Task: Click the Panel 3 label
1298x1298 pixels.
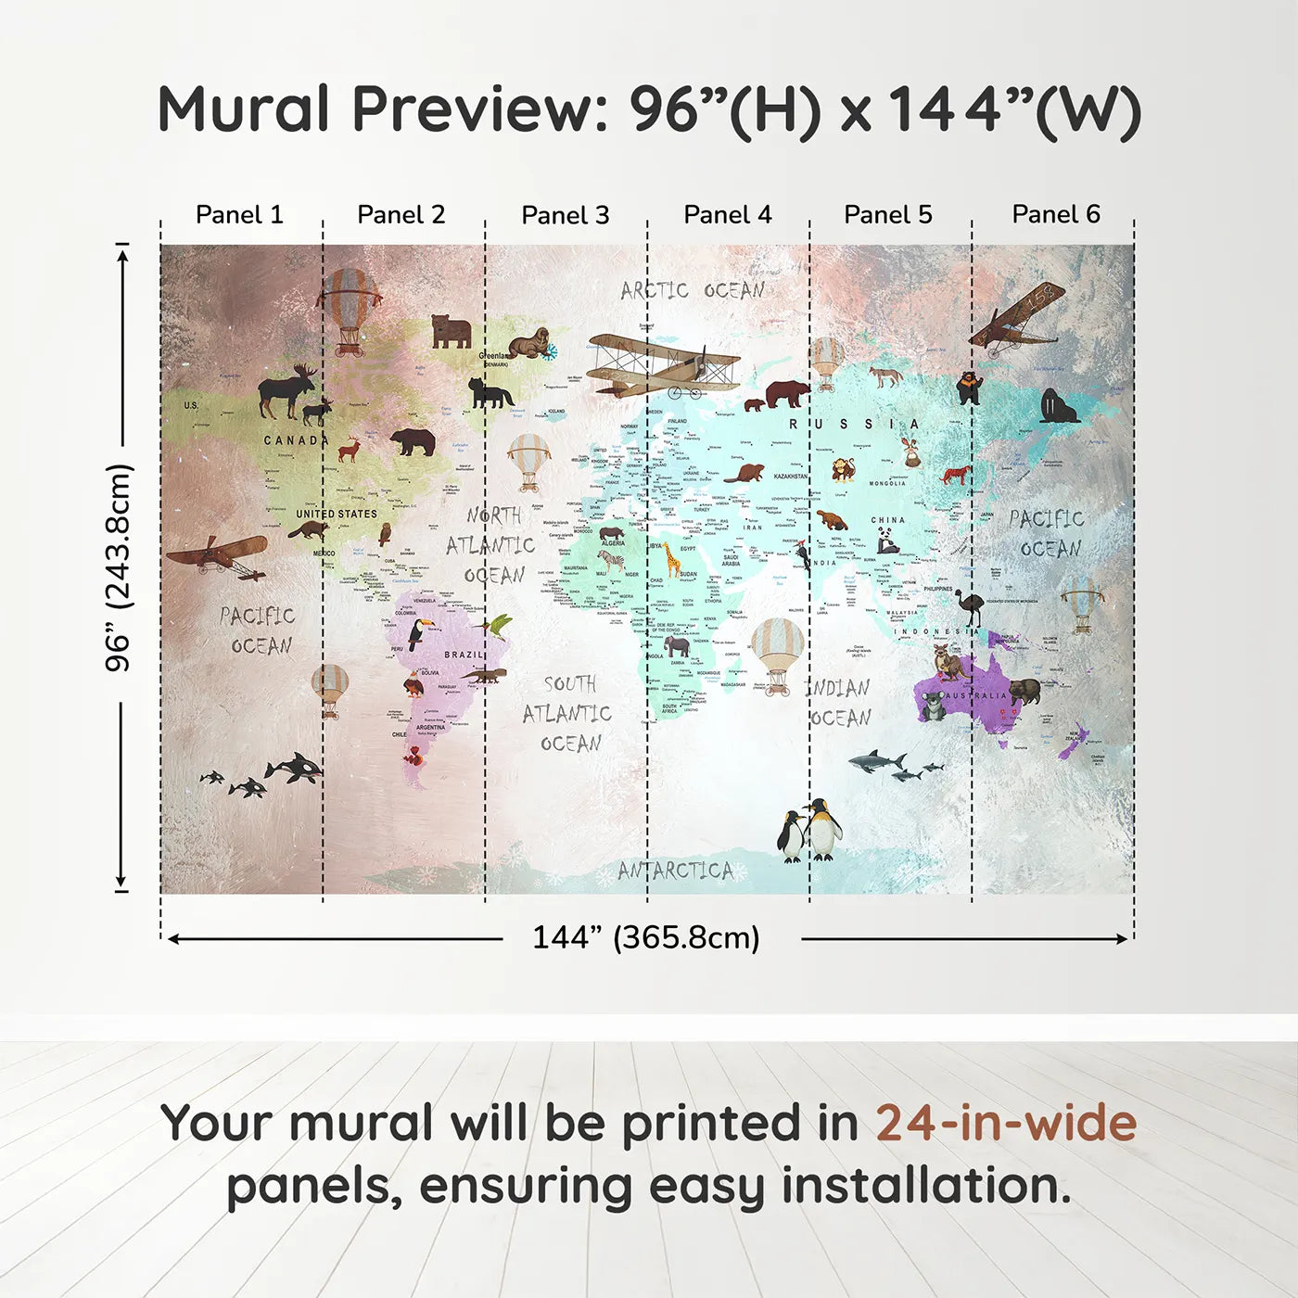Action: click(565, 215)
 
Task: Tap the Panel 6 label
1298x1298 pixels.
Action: click(1055, 214)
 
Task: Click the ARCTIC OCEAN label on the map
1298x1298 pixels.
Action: click(693, 290)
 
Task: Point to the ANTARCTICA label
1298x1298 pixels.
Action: click(676, 871)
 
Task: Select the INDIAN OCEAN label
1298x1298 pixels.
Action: click(840, 703)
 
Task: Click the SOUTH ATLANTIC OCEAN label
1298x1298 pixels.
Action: click(567, 713)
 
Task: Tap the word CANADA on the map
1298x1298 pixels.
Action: click(296, 440)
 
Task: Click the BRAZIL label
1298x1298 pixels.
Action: click(464, 655)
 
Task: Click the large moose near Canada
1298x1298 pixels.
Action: click(286, 390)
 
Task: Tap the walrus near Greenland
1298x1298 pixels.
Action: click(529, 342)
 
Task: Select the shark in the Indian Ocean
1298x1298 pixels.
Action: click(875, 761)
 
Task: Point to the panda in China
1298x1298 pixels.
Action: click(887, 540)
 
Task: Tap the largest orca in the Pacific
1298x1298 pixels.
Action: click(295, 767)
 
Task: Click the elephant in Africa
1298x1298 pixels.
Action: click(677, 645)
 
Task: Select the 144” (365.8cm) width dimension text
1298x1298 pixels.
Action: click(646, 937)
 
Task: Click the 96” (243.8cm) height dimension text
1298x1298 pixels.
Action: click(119, 567)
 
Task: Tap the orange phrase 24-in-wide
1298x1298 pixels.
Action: click(1006, 1123)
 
